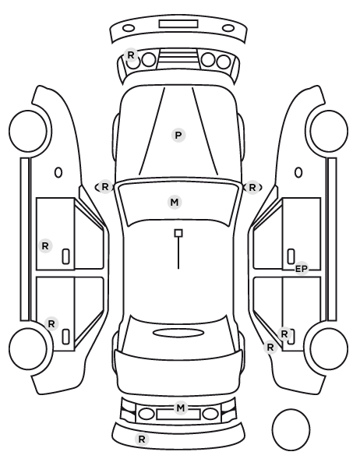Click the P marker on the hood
[x=178, y=136]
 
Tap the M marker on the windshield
[x=175, y=202]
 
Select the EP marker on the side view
[x=301, y=269]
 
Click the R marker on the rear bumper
[x=142, y=439]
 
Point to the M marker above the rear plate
[x=181, y=408]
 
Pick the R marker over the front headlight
[x=131, y=55]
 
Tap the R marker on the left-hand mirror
[x=105, y=187]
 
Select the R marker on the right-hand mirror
[x=252, y=188]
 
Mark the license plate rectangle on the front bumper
[x=178, y=24]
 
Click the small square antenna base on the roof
[x=178, y=233]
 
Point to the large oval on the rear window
[x=178, y=333]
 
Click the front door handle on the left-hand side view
[x=65, y=256]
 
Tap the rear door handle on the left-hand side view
[x=65, y=337]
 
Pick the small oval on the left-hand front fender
[x=58, y=172]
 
